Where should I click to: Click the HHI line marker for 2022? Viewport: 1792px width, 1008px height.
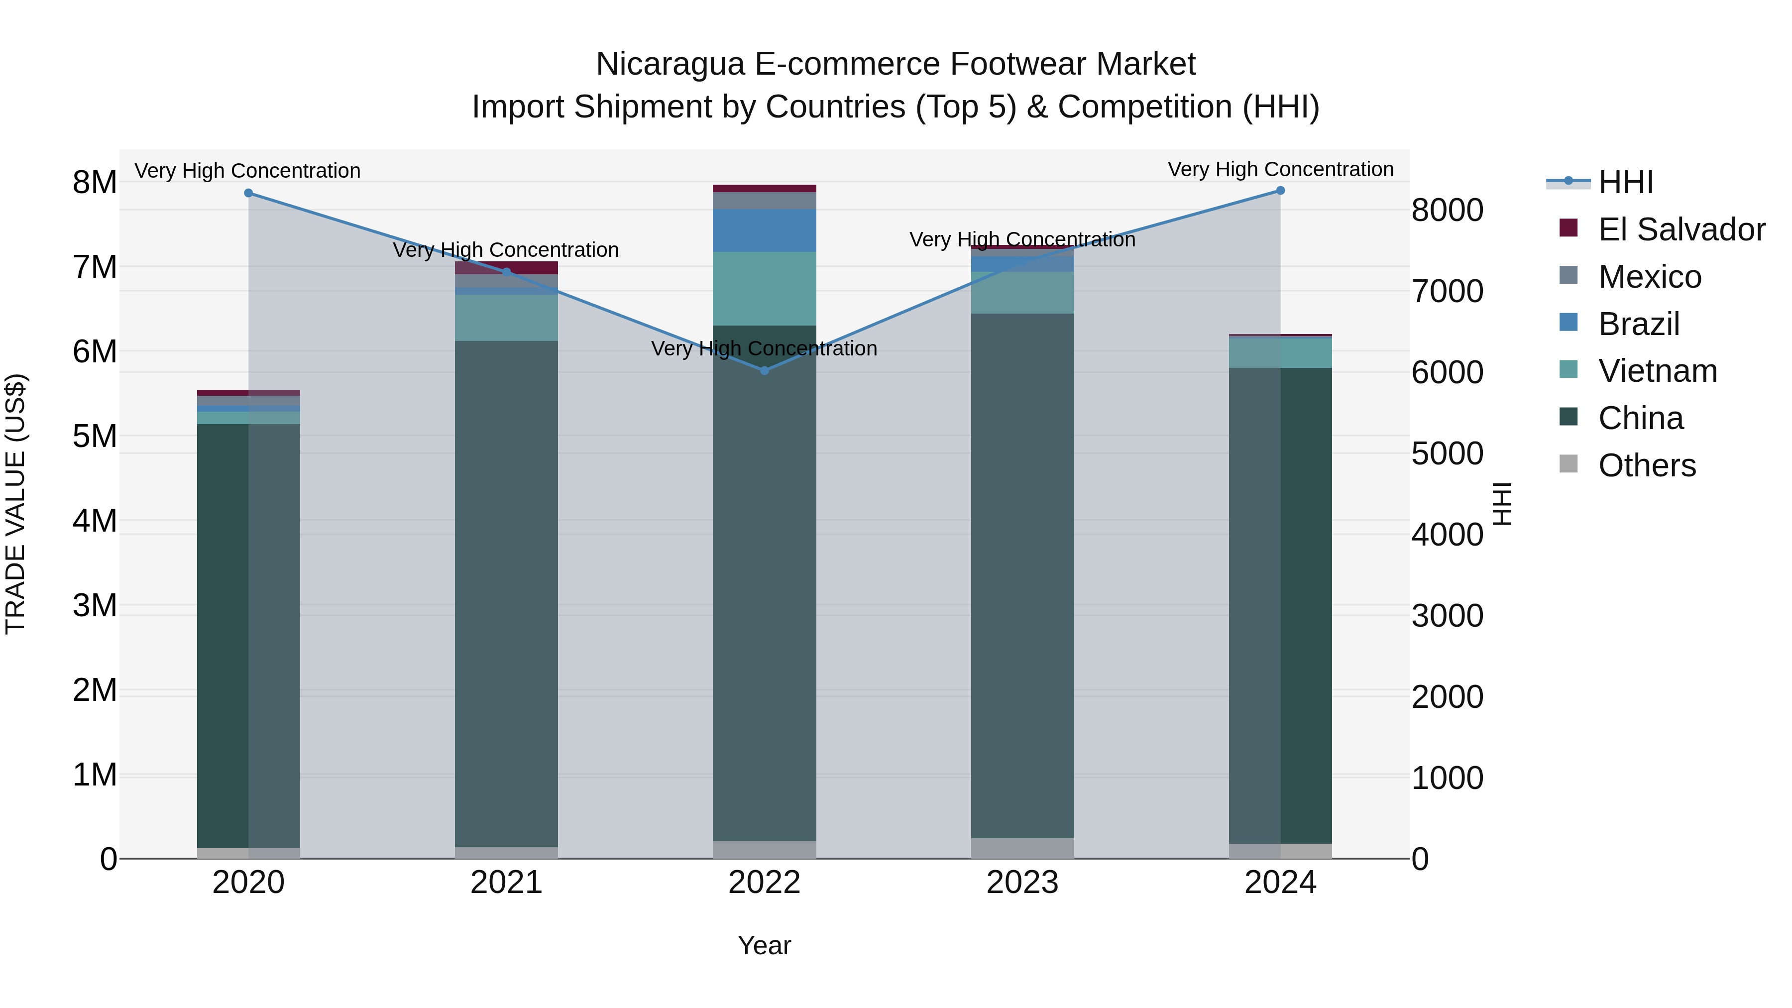click(765, 371)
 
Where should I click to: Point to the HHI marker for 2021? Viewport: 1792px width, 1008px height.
click(506, 272)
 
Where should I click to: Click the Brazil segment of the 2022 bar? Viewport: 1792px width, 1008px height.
click(765, 230)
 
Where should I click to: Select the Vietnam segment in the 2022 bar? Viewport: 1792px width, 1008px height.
click(765, 289)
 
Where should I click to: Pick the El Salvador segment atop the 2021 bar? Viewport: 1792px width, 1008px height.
click(506, 267)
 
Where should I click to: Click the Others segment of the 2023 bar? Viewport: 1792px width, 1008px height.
click(1022, 848)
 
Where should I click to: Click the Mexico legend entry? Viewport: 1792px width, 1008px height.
click(1650, 277)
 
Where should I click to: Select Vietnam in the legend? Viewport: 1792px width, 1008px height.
click(1657, 371)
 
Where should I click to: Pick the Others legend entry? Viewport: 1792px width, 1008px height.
click(1647, 465)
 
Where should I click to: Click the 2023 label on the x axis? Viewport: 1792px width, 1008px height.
click(1022, 883)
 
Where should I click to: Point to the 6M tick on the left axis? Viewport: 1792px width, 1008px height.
click(95, 352)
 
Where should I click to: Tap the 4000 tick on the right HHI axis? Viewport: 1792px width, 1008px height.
click(1447, 535)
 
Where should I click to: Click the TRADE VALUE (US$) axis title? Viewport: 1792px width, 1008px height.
click(15, 504)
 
